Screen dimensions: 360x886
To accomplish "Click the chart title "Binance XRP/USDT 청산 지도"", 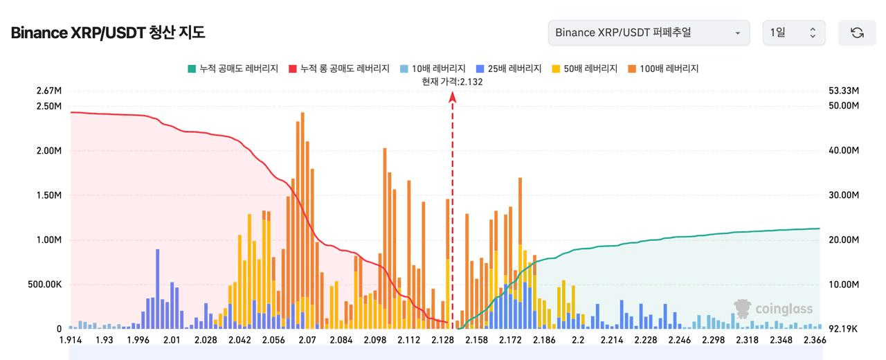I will pos(108,33).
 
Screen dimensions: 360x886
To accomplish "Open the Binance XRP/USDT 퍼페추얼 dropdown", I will pos(649,33).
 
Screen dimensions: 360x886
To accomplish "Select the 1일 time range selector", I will pos(793,33).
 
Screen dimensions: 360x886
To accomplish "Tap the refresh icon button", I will pos(857,33).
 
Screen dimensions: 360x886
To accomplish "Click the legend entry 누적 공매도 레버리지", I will pos(233,69).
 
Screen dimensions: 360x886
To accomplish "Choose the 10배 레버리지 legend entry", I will pos(433,69).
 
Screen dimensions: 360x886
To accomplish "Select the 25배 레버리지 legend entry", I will pos(509,69).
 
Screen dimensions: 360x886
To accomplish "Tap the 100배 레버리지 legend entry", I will pos(663,69).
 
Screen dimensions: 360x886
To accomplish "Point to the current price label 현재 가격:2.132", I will pos(452,82).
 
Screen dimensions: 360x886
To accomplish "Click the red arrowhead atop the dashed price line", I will pos(453,98).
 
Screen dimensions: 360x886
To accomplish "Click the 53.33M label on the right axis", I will pos(844,91).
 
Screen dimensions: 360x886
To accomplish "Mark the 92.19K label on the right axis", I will pos(844,329).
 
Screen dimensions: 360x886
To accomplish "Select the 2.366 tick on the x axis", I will pos(814,341).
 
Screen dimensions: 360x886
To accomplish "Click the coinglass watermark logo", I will pos(773,309).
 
